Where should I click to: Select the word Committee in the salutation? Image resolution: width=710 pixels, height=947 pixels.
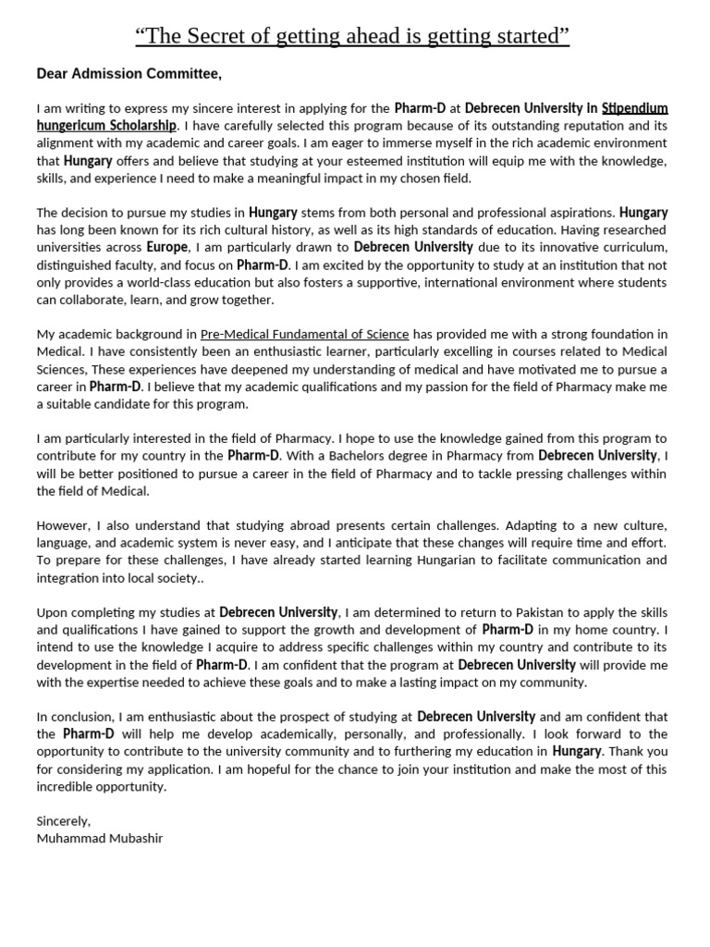[x=182, y=74]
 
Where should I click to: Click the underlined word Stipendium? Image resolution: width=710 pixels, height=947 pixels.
[x=634, y=108]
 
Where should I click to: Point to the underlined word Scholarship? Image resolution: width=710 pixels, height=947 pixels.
[x=140, y=126]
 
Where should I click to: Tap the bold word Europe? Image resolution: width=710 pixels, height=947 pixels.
[x=167, y=248]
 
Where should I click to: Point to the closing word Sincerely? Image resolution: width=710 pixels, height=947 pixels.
[x=64, y=821]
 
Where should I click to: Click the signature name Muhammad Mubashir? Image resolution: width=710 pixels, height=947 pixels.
[x=100, y=839]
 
